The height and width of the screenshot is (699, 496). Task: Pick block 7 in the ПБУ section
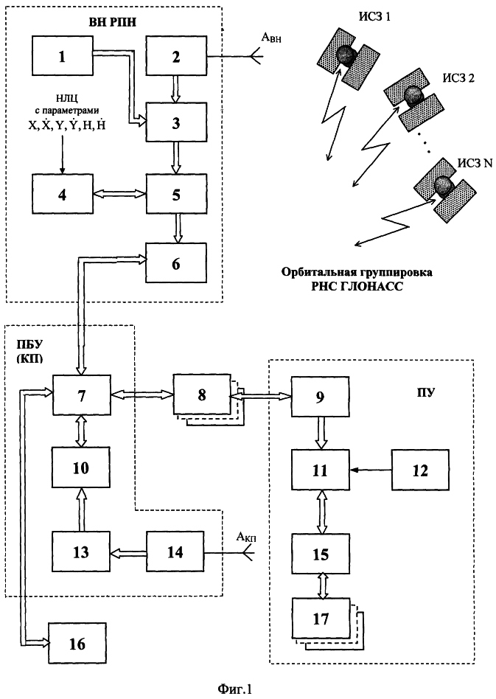(80, 394)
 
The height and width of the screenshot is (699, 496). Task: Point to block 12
(419, 467)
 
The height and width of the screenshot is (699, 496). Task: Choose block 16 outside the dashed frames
(77, 641)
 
